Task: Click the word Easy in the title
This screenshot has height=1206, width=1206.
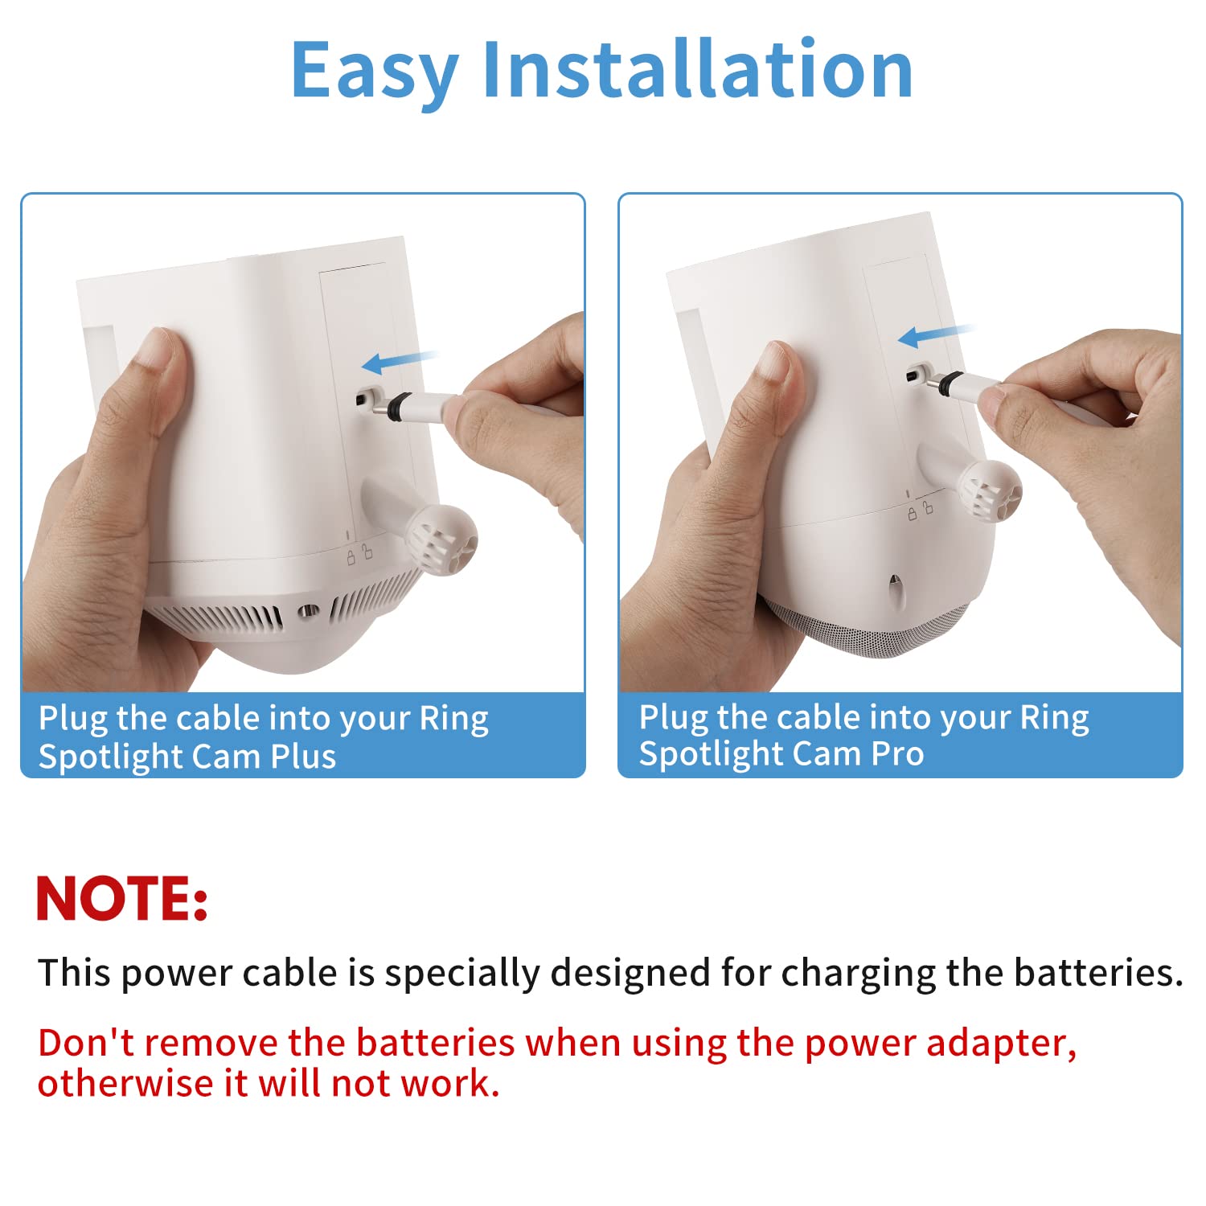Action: click(374, 71)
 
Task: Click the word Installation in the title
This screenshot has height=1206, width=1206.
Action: click(697, 71)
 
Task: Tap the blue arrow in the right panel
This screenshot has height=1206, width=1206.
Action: click(934, 334)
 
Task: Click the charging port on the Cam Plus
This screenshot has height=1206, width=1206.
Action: click(367, 397)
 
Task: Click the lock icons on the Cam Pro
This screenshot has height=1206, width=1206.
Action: click(920, 511)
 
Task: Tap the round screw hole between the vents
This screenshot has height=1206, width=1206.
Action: click(306, 613)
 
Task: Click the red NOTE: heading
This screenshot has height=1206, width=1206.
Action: click(122, 899)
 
